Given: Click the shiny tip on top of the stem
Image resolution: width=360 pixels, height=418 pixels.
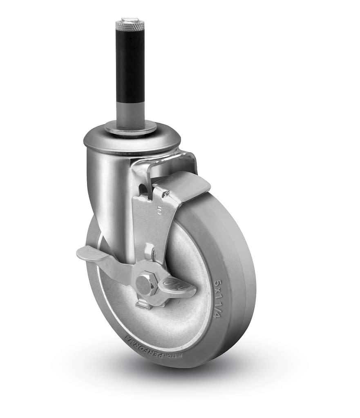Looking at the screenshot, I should pos(130,19).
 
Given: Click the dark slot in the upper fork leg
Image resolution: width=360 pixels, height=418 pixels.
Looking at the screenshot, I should pos(143,189).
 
